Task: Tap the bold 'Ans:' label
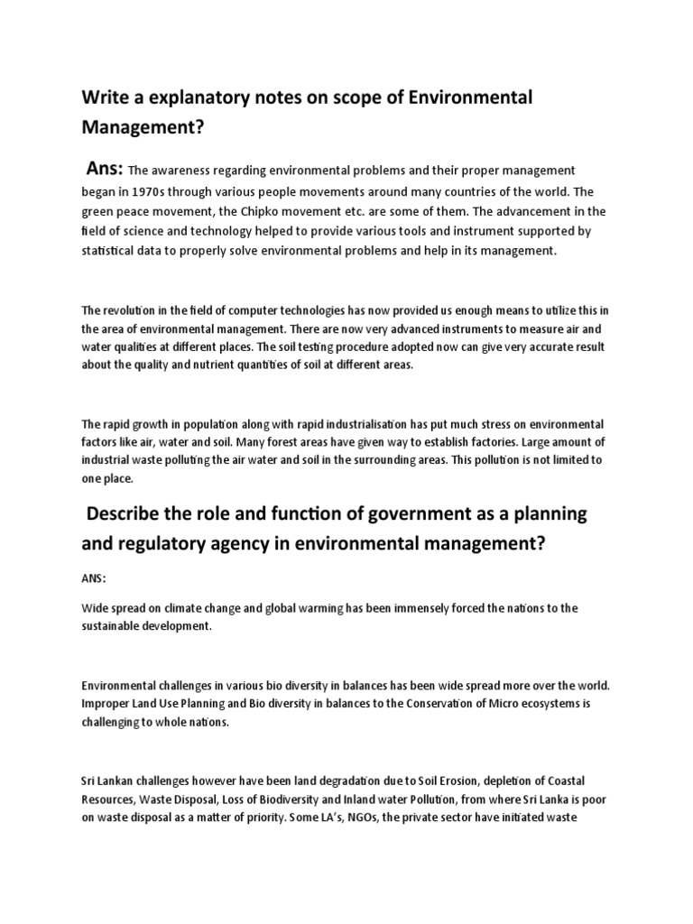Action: [105, 169]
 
